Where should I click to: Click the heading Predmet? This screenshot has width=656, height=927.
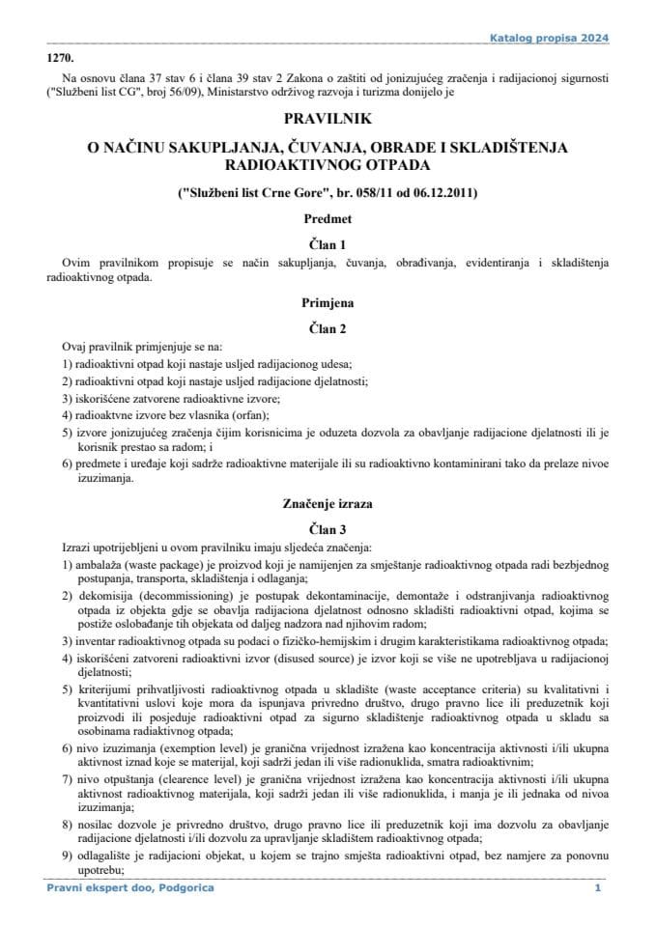click(x=327, y=220)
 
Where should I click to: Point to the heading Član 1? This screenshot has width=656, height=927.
click(x=327, y=245)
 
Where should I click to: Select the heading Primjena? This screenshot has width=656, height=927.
click(x=327, y=301)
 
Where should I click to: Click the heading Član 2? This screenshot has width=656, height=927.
click(x=327, y=327)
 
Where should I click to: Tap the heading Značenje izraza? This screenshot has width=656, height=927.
click(x=327, y=504)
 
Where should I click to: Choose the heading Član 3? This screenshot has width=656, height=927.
click(x=327, y=529)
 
